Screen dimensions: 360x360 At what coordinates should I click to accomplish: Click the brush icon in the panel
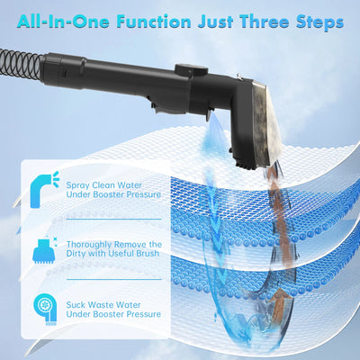point(43,249)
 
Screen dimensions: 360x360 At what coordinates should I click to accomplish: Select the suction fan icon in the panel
point(43,308)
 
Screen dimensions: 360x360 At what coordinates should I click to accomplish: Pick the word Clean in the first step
point(112,185)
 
